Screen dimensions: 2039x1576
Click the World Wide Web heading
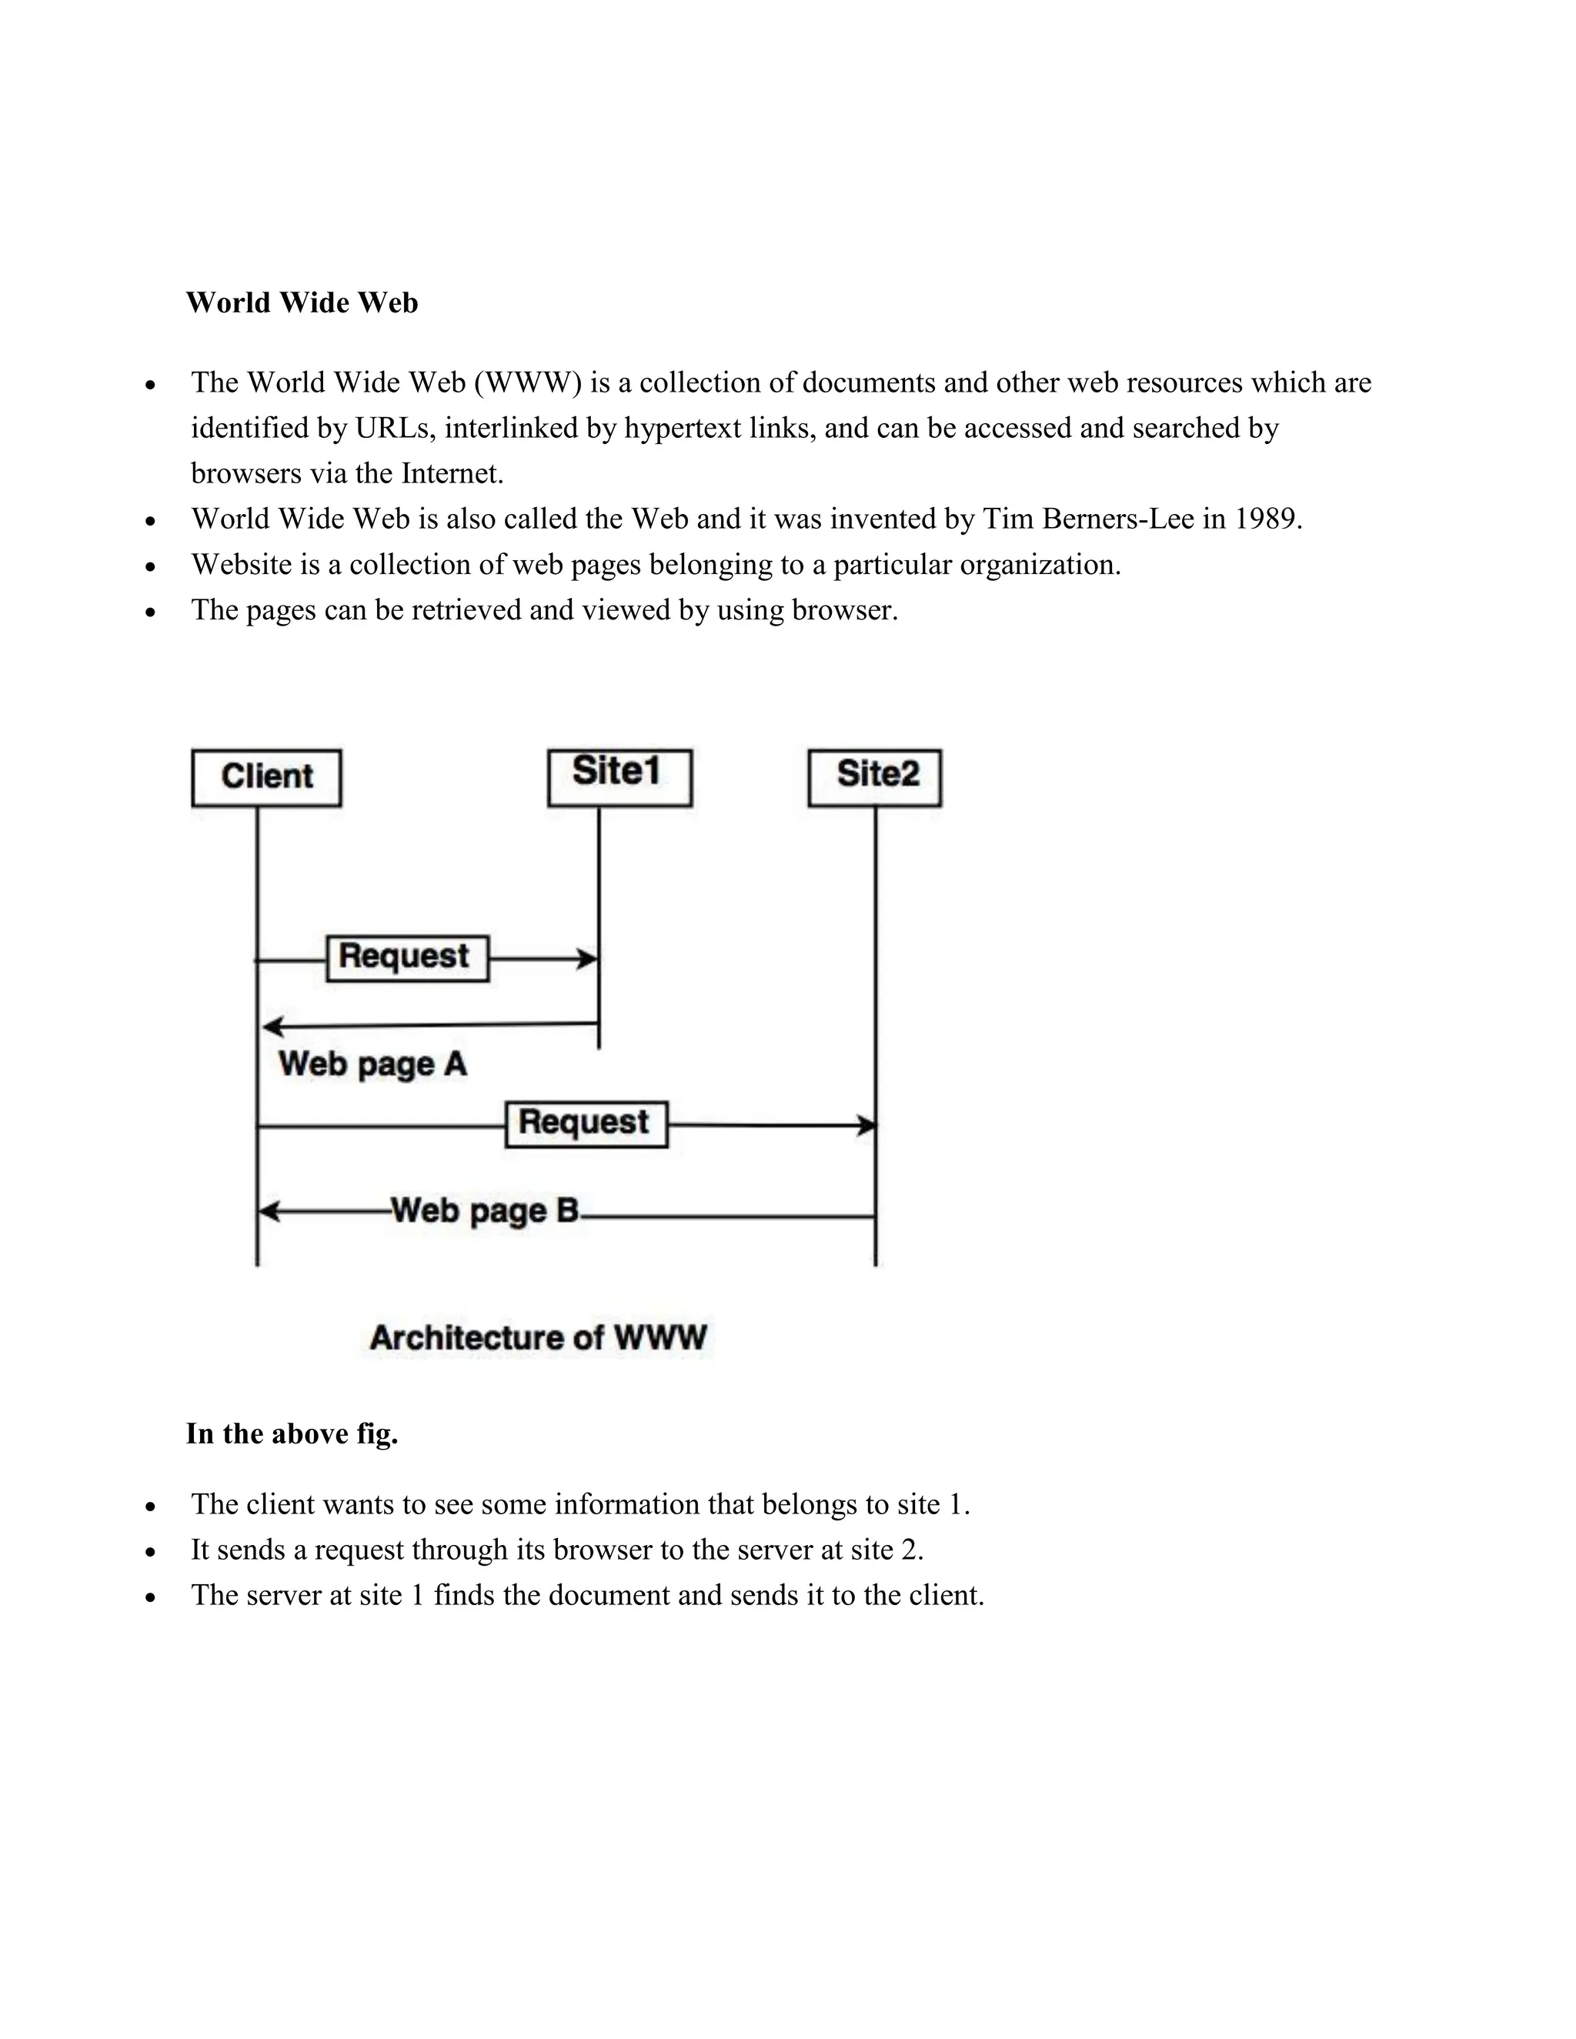(x=302, y=302)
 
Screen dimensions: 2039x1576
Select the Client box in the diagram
(x=266, y=777)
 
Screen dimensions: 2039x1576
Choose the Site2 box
(x=875, y=777)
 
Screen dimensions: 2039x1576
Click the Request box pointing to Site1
(x=407, y=958)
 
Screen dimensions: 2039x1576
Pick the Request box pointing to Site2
(x=586, y=1124)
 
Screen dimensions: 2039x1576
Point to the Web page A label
(x=372, y=1064)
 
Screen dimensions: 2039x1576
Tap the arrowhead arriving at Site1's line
(x=588, y=959)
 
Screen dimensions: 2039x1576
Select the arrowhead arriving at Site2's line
(x=867, y=1126)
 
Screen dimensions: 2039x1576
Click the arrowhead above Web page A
(x=272, y=1028)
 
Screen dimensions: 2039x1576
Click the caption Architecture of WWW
(x=538, y=1337)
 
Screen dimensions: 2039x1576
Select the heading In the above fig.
(x=292, y=1433)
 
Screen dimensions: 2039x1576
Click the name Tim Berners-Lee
(x=1089, y=519)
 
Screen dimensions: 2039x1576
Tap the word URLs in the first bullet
(x=395, y=429)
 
